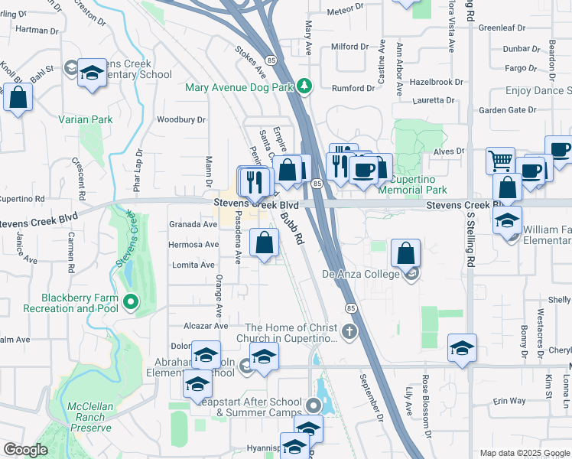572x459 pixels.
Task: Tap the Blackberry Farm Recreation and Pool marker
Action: (130, 303)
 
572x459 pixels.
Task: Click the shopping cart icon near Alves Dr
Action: (500, 161)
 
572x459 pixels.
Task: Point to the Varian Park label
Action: (86, 119)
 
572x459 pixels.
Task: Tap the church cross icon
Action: (349, 331)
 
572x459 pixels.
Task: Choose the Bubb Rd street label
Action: (291, 228)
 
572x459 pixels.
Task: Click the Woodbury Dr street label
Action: (181, 119)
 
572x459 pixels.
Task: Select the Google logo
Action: (26, 450)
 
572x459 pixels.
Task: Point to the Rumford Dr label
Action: (353, 87)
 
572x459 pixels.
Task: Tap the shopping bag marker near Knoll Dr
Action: (18, 97)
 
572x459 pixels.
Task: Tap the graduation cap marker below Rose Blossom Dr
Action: (462, 347)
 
